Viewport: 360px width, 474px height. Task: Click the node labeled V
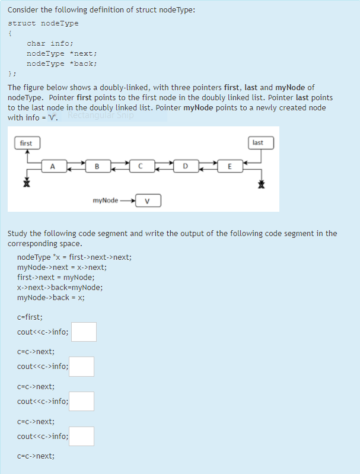[148, 201]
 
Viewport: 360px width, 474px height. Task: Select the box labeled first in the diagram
[26, 143]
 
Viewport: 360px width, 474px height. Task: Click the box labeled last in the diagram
[257, 143]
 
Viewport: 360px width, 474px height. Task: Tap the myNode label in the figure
[105, 201]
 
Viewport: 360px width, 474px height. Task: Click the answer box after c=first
[84, 332]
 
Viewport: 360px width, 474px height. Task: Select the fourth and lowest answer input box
[81, 437]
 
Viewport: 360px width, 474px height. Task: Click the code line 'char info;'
[50, 43]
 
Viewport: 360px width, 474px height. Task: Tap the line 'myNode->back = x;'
[51, 297]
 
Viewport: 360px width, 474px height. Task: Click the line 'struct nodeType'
[43, 23]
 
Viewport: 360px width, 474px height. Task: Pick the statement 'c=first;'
[30, 317]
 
